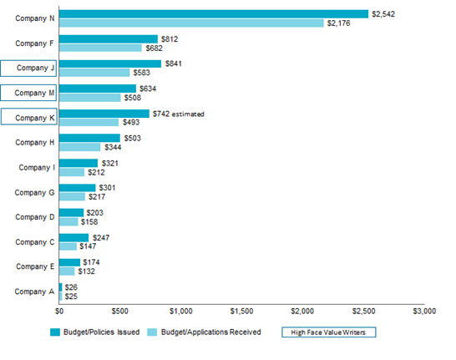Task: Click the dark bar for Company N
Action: coord(213,13)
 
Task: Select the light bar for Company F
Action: coord(100,48)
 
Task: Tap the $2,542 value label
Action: coord(385,13)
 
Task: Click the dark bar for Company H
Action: coord(89,139)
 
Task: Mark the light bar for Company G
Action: coord(72,197)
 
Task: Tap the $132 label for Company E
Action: coord(86,271)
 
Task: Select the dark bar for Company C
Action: coord(73,238)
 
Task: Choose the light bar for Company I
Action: coord(71,173)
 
